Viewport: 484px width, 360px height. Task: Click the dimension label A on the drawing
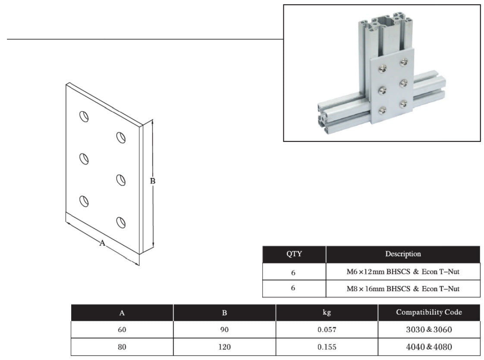[x=102, y=244]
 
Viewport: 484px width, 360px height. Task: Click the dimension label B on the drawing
[x=152, y=181]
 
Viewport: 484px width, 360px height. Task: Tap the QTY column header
[x=294, y=254]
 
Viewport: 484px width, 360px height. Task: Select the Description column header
[x=403, y=254]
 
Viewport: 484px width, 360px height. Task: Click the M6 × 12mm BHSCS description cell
[x=403, y=272]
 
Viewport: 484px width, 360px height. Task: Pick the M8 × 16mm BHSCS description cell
[x=403, y=289]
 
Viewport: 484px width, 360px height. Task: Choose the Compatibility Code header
[x=429, y=312]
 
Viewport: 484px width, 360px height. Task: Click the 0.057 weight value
[x=327, y=330]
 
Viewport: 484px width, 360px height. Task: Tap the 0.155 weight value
[x=327, y=347]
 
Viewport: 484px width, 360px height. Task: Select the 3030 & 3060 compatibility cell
[x=429, y=329]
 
